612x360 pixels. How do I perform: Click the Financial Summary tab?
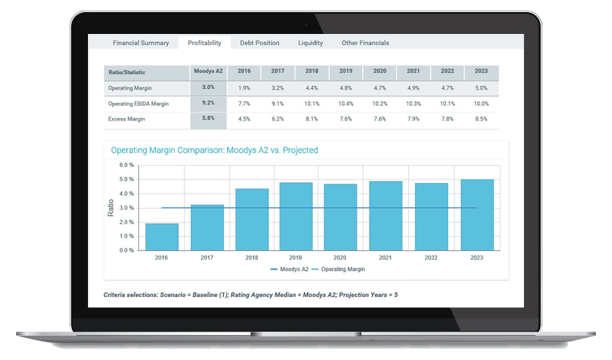[141, 43]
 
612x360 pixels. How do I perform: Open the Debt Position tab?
[260, 43]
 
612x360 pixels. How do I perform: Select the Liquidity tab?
[310, 43]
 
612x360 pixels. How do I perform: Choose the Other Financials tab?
[365, 43]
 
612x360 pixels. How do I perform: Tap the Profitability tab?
[204, 43]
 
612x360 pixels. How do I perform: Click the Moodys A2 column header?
[208, 72]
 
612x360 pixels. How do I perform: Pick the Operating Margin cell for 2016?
[243, 87]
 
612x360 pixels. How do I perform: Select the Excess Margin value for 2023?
[481, 119]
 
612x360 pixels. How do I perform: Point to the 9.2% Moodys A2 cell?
[208, 104]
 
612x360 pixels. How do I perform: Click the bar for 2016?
[162, 236]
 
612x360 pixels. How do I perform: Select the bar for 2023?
[477, 214]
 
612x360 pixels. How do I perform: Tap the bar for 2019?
[297, 216]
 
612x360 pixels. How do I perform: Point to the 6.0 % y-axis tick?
[126, 166]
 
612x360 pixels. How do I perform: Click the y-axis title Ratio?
[112, 208]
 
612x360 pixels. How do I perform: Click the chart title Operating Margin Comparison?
[214, 150]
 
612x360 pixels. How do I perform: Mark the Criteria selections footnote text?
[251, 294]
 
